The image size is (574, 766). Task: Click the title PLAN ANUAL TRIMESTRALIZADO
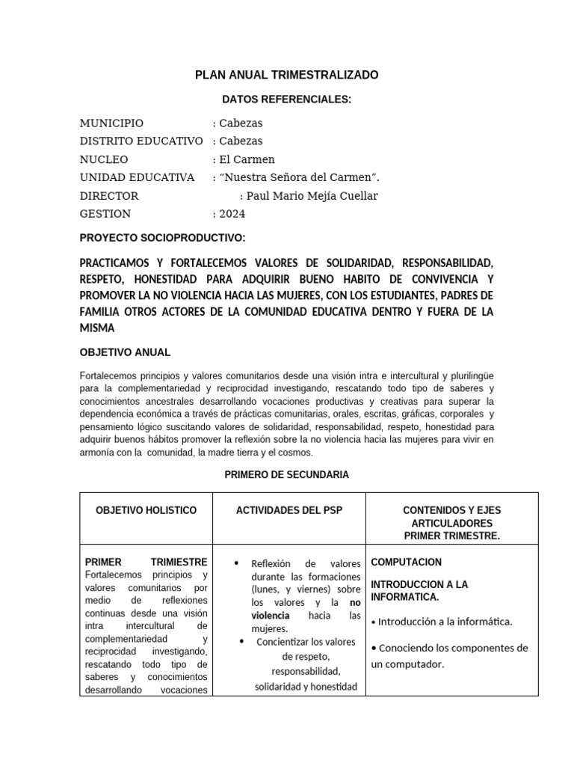tap(286, 75)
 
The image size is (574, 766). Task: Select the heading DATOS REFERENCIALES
tap(286, 99)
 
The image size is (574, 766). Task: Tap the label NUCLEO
tap(104, 159)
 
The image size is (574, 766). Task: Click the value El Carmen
tap(247, 159)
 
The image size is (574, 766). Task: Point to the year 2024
tap(232, 213)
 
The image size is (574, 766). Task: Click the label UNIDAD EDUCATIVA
tap(137, 177)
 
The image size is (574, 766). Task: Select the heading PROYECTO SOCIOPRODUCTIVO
tap(162, 238)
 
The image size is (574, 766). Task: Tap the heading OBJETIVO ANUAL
tap(125, 352)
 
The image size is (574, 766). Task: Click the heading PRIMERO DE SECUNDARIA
tap(286, 474)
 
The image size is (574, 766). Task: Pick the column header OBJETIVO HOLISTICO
tap(146, 510)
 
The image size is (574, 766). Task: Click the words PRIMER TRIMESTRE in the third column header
tap(451, 536)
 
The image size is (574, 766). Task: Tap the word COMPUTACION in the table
tap(406, 562)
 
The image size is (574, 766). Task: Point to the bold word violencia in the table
tap(271, 615)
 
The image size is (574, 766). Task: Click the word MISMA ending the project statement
tap(97, 328)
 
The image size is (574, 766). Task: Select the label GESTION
tap(105, 213)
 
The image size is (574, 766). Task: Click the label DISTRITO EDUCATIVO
tap(141, 141)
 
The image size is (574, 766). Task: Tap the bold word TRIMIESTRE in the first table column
tap(179, 562)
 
